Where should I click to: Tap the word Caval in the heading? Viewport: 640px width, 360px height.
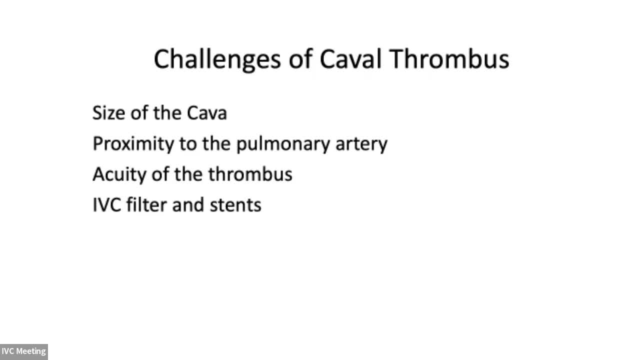tap(350, 58)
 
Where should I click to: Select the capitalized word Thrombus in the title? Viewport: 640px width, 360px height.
tap(449, 58)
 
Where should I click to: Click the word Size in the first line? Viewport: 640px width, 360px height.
tap(109, 113)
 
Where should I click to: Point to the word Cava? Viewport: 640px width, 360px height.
tap(207, 113)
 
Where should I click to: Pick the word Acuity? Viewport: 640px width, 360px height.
tap(119, 175)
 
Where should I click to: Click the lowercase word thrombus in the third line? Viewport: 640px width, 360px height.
tap(250, 174)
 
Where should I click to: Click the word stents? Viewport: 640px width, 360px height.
tap(235, 205)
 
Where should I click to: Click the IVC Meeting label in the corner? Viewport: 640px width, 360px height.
tap(23, 351)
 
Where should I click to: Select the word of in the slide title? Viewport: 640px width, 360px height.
tap(300, 58)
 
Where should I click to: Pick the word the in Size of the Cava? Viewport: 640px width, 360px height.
tap(167, 113)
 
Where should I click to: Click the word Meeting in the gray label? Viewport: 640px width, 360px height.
tap(31, 351)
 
